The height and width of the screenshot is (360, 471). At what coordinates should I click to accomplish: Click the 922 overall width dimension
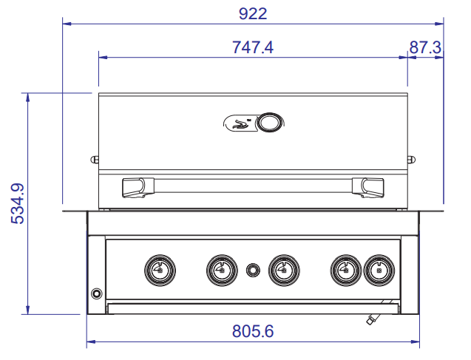[x=253, y=14]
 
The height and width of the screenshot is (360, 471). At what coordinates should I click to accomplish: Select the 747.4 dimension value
[x=253, y=47]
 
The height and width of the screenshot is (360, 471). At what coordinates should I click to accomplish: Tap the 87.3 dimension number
[x=425, y=47]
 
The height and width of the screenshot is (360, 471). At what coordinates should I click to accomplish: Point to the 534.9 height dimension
[x=17, y=203]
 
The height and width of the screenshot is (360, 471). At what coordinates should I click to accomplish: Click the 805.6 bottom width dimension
[x=253, y=331]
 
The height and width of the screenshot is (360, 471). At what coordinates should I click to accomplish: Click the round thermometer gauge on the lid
[x=269, y=123]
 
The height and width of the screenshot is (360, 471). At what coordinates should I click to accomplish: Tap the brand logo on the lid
[x=240, y=123]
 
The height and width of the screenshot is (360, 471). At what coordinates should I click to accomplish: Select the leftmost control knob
[x=160, y=270]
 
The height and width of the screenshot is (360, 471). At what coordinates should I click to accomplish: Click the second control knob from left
[x=222, y=270]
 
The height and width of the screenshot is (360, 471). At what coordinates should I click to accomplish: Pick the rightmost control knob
[x=379, y=270]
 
